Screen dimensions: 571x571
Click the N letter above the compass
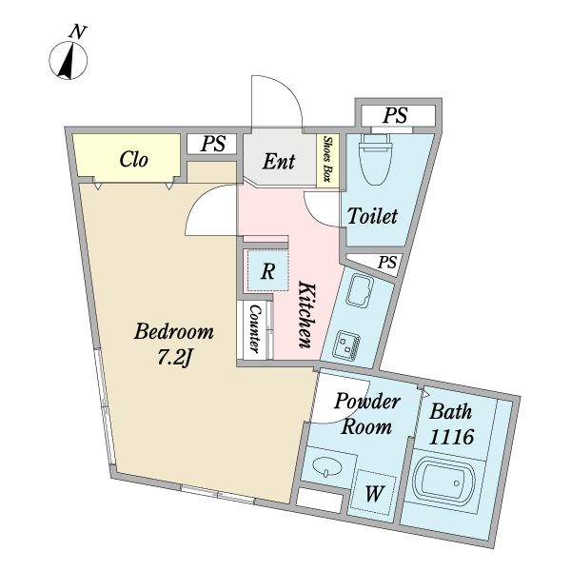pos(77,32)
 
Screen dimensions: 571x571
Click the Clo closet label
pos(133,160)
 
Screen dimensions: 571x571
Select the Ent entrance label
pos(279,162)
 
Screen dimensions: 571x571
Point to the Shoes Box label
pos(328,159)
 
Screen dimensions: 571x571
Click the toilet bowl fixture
pos(376,159)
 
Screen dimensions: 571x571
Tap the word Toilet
pos(372,216)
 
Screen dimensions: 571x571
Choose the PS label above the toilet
pos(395,115)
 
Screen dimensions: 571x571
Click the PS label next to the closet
pos(213,144)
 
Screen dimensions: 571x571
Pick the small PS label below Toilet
pos(386,263)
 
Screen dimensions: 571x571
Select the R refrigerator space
pos(267,270)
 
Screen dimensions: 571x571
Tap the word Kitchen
pos(305,314)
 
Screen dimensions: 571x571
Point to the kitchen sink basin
pos(360,290)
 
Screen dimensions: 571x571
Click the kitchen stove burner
pos(346,345)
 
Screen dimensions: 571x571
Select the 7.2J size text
pos(174,357)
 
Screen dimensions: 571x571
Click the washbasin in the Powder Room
pos(327,467)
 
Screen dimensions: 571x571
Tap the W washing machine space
pos(375,493)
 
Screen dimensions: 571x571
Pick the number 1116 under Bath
pos(451,437)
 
